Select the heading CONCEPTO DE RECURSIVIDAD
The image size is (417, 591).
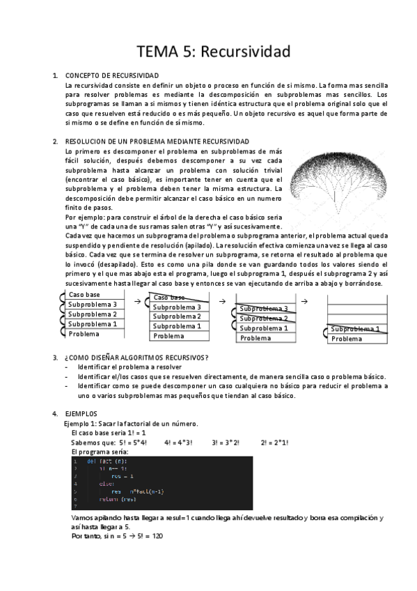(111, 75)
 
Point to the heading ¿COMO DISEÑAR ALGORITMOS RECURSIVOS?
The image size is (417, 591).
(136, 358)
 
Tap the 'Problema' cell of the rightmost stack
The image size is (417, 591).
(346, 339)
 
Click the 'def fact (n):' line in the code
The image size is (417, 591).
(107, 461)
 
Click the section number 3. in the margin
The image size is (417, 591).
(55, 358)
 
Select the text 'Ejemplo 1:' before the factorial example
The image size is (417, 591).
(81, 423)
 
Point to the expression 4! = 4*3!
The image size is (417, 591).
(179, 442)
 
